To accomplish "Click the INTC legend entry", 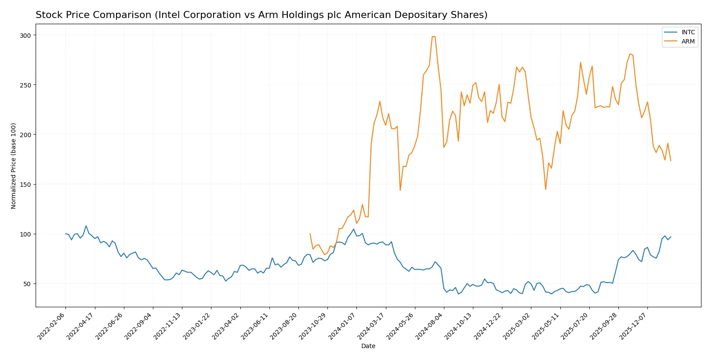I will [688, 32].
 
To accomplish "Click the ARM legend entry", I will [688, 41].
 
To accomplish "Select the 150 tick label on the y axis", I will [25, 184].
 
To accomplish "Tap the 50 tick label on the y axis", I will [27, 284].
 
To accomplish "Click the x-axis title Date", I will [368, 346].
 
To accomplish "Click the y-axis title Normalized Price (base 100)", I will [14, 166].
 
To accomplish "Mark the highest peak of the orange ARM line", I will [433, 36].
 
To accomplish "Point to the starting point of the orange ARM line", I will [310, 234].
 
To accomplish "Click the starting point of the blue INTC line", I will [65, 234].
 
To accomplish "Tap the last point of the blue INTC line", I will [671, 237].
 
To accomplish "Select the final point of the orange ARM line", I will [671, 161].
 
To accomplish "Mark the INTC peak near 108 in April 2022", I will [86, 226].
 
